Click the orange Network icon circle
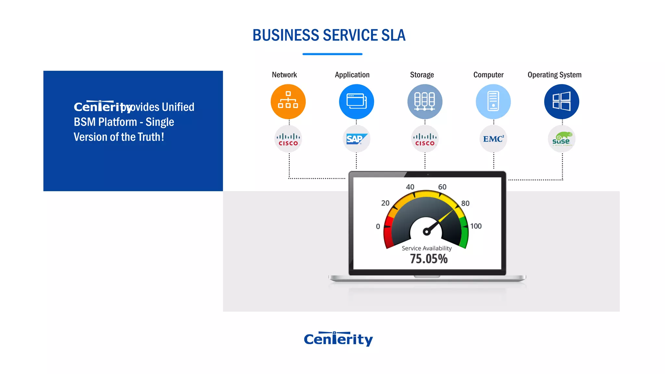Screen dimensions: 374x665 (288, 102)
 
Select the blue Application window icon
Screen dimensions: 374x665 (356, 102)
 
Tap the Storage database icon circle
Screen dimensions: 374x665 (425, 102)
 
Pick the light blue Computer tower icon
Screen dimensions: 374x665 (493, 102)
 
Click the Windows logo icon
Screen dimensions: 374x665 (561, 102)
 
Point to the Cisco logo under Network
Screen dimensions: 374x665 (288, 139)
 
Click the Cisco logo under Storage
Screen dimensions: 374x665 (425, 139)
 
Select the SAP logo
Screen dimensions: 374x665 (356, 139)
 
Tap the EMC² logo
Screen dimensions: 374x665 (493, 139)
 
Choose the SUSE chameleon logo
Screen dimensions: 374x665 (561, 139)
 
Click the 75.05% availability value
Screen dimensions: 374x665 (429, 259)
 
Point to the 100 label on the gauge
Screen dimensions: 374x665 (476, 226)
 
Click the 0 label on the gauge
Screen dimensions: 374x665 (378, 226)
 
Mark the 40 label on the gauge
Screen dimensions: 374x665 (410, 187)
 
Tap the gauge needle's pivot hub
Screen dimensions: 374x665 (426, 231)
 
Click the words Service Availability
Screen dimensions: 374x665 (427, 248)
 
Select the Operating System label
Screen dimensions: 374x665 (554, 75)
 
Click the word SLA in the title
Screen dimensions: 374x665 (393, 35)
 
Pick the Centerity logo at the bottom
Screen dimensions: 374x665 (338, 339)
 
